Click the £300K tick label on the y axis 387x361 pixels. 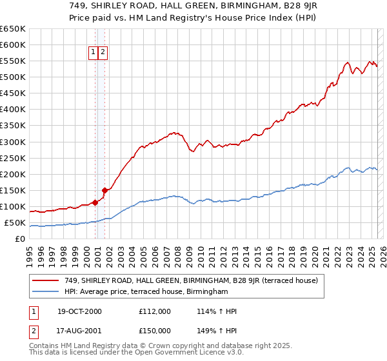(x=12, y=142)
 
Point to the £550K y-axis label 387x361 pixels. (x=12, y=61)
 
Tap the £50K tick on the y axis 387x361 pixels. (x=15, y=223)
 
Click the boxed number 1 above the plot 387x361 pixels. (x=93, y=52)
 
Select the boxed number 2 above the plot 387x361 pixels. (x=103, y=52)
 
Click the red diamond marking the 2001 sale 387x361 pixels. (x=104, y=190)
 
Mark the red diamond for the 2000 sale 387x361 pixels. (x=95, y=202)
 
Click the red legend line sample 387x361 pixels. (x=46, y=280)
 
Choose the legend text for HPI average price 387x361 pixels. (x=146, y=292)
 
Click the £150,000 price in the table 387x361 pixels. (x=155, y=331)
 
